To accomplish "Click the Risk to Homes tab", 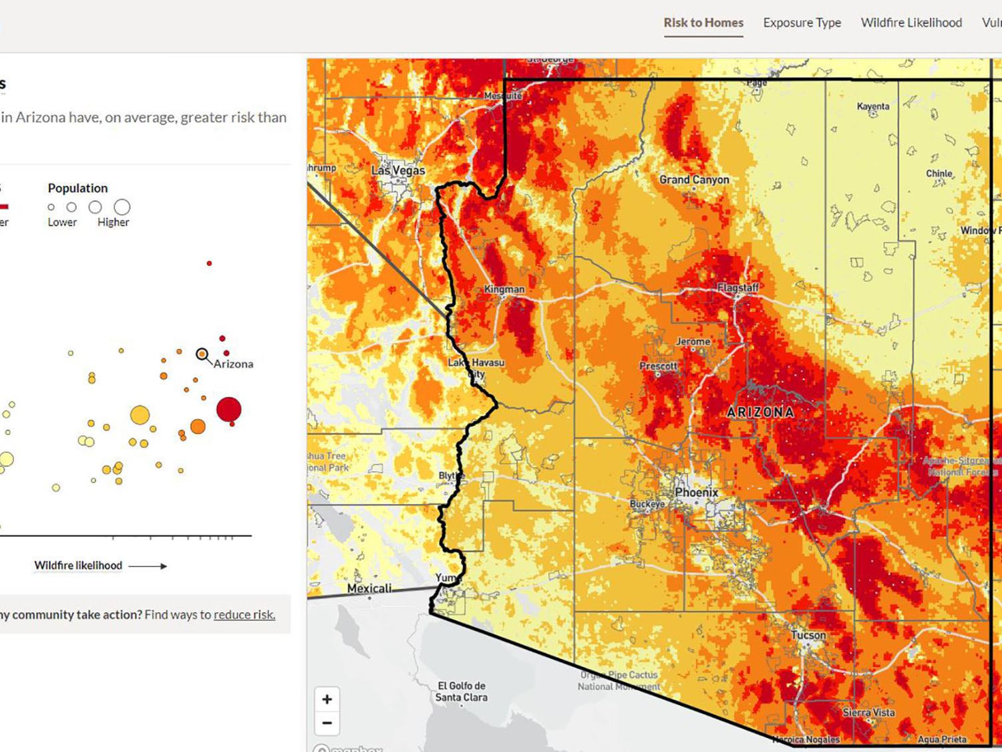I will pos(703,23).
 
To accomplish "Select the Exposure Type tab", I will pos(802,23).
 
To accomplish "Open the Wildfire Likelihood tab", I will pos(911,23).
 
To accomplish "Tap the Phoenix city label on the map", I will pos(696,493).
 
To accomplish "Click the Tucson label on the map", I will pos(808,635).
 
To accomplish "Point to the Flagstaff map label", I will pos(738,287).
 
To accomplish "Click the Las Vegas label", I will pos(398,170).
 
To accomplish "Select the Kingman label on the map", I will pos(504,289).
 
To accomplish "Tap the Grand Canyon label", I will pos(694,180).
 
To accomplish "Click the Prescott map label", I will pos(658,366).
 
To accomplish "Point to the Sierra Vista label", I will pos(868,713).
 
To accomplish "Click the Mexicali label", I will pos(369,588).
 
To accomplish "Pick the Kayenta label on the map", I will pos(873,106).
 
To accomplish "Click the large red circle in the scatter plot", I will pos(228,409).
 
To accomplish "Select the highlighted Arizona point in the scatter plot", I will pos(202,354).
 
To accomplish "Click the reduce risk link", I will pos(244,615).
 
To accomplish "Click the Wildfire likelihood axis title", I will pos(78,566).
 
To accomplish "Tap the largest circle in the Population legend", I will pos(122,207).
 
